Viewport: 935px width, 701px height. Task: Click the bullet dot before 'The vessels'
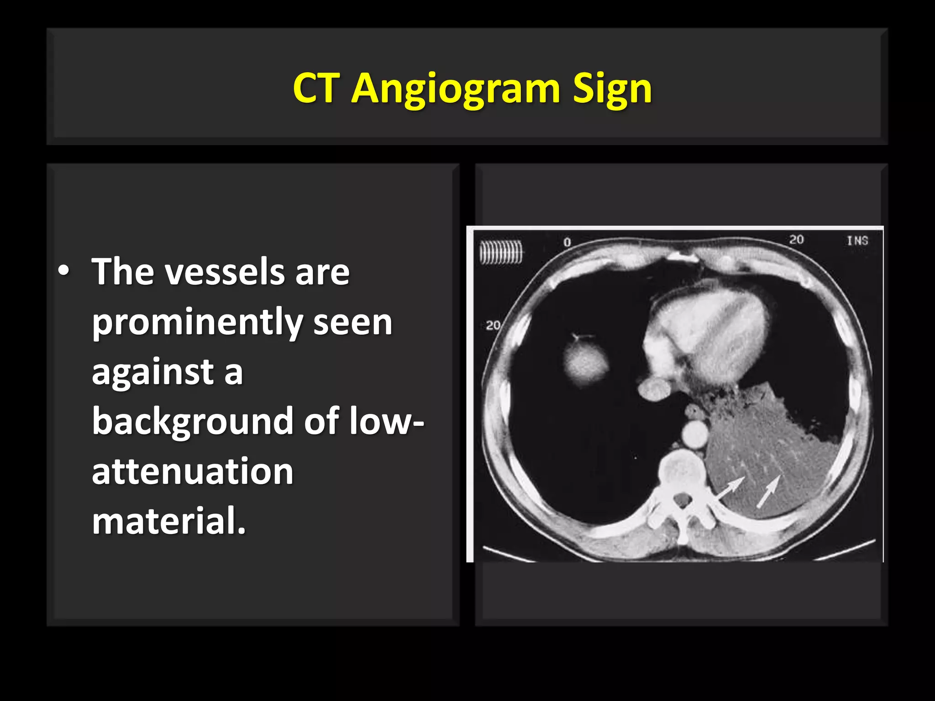(x=64, y=271)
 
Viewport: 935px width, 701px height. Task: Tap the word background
(x=193, y=421)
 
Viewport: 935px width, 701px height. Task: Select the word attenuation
(x=192, y=471)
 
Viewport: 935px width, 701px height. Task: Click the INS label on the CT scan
(x=857, y=241)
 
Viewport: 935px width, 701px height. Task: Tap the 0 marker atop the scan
(x=567, y=242)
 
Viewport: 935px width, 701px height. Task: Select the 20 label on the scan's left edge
(x=493, y=325)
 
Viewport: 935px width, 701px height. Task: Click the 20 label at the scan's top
(x=796, y=240)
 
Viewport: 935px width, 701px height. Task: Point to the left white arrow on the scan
(x=730, y=489)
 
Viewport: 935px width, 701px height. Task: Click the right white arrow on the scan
(x=769, y=491)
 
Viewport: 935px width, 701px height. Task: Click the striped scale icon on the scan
(x=500, y=252)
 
